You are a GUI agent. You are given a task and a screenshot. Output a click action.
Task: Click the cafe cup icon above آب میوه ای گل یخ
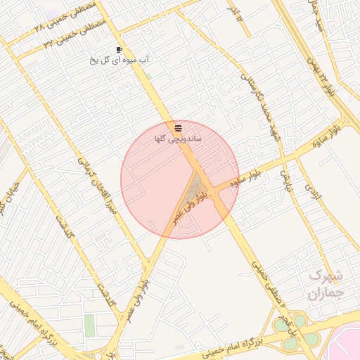pyautogui.click(x=120, y=49)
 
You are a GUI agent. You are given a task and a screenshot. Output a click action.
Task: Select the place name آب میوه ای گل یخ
pyautogui.click(x=120, y=60)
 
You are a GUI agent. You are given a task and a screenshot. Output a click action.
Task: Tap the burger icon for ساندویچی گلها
pyautogui.click(x=179, y=129)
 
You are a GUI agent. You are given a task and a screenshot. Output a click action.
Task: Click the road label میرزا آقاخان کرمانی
pyautogui.click(x=96, y=187)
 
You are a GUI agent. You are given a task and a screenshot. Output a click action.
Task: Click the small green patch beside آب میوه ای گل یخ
pyautogui.click(x=148, y=76)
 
